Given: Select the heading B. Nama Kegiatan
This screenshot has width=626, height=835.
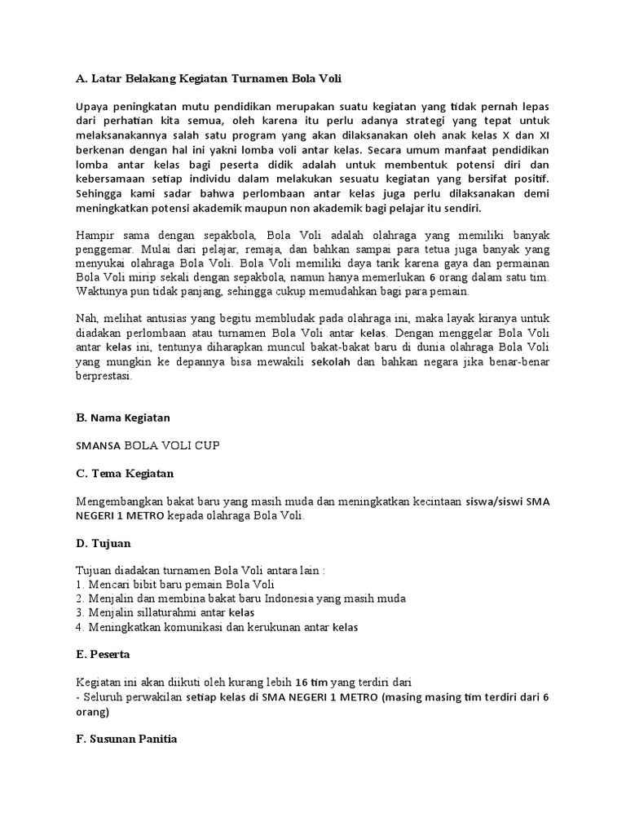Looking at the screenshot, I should (x=123, y=417).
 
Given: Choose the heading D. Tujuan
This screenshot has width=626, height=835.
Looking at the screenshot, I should (x=103, y=542).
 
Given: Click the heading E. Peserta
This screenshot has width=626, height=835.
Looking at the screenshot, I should (x=103, y=654).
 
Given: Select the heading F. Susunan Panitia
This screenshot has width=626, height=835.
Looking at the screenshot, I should (x=126, y=739).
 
